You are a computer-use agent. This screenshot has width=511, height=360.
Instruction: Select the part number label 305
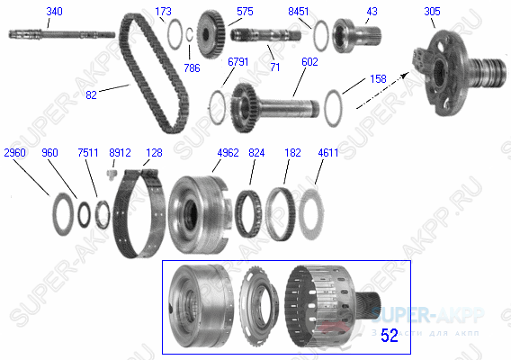[432, 12]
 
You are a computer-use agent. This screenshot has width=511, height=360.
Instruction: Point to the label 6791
[238, 61]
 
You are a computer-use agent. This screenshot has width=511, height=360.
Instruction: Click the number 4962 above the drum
[229, 153]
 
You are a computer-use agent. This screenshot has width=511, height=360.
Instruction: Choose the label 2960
[16, 153]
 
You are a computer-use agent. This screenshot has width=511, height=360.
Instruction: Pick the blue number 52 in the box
[389, 336]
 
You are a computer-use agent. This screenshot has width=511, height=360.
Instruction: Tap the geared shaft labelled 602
[270, 106]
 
